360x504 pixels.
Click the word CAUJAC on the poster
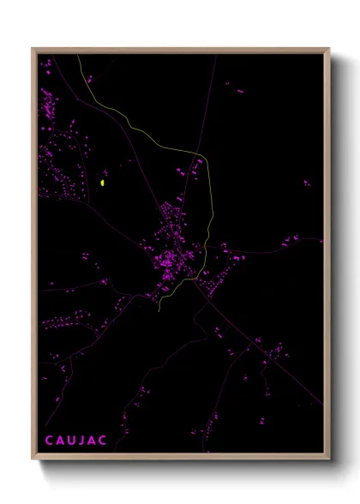[x=77, y=440]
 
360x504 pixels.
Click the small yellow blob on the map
[x=103, y=182]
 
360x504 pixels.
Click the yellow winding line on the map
[x=209, y=206]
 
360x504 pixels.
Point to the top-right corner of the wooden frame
[x=328, y=50]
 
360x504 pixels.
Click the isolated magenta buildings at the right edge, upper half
[x=306, y=183]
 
